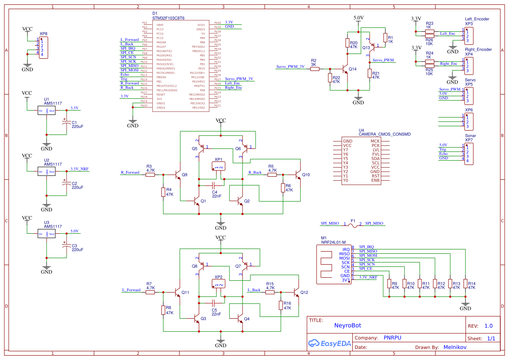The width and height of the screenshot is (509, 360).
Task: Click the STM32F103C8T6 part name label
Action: pos(168,18)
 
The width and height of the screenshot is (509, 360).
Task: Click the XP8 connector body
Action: pos(43,48)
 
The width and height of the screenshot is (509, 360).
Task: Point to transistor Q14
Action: pos(347,69)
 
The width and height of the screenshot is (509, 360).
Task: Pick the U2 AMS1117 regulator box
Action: pos(47,172)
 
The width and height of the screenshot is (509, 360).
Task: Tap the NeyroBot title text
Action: pos(347,325)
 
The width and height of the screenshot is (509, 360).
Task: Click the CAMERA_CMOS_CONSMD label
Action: pos(384,135)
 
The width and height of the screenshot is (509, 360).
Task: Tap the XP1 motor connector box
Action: pos(218,166)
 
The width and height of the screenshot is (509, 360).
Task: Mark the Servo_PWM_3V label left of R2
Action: pos(290,67)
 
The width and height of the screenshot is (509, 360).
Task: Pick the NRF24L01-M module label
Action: pos(333,242)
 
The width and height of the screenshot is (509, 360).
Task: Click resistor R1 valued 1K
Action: pos(384,38)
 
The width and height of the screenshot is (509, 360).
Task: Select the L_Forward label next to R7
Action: pos(131,289)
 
